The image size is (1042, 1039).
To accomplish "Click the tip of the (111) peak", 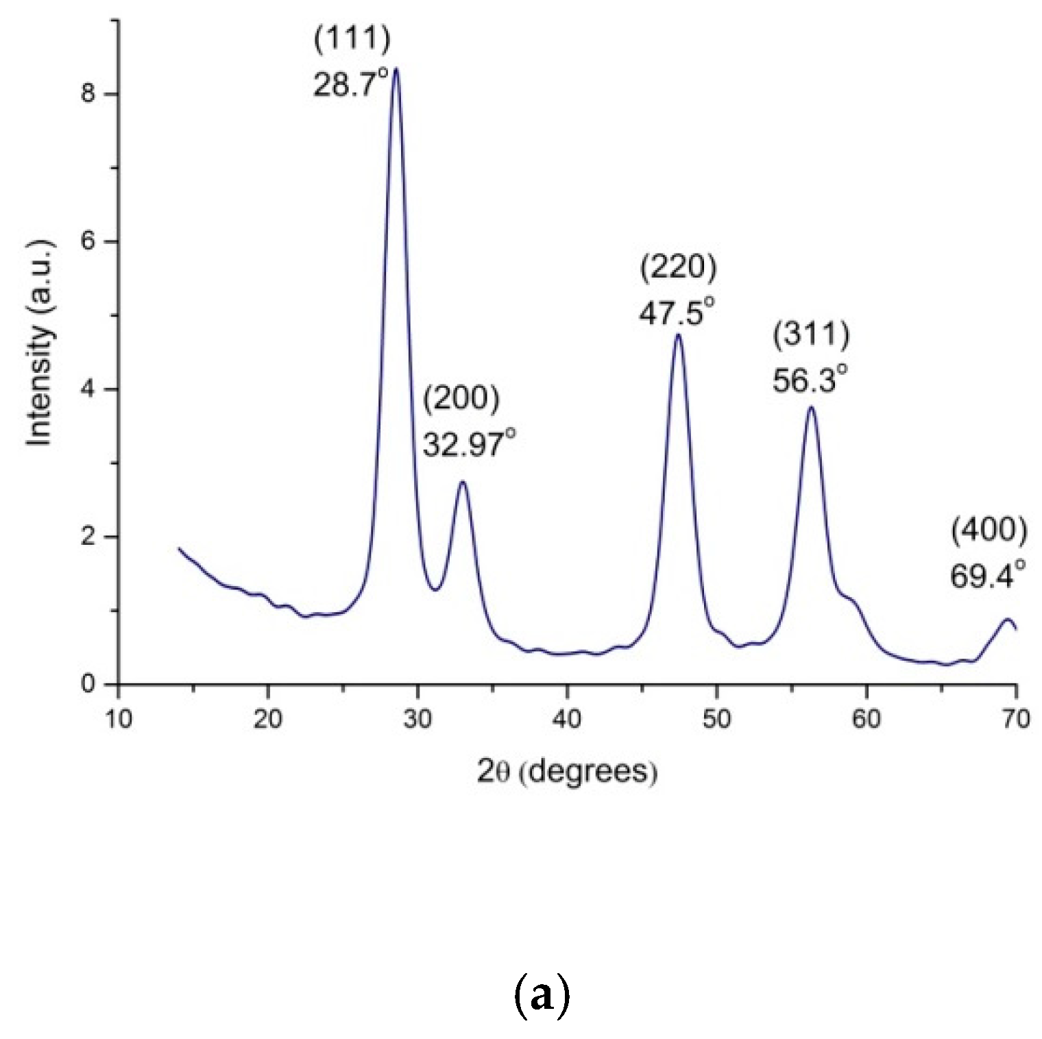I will pos(395,69).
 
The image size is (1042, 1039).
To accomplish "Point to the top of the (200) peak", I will pos(463,482).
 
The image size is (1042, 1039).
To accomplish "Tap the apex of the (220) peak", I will pos(678,334).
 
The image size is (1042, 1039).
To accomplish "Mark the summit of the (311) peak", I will pos(811,408).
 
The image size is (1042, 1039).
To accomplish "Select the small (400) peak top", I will pos(1007,620).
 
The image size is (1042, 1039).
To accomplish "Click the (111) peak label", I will pos(352,38).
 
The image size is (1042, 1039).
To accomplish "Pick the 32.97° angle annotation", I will pos(469,444).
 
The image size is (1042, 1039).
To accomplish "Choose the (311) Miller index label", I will pos(811,334).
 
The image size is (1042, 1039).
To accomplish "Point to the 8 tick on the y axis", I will pos(87,94).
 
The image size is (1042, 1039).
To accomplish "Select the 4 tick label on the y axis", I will pos(87,389).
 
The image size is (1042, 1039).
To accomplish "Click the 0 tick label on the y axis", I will pos(87,684).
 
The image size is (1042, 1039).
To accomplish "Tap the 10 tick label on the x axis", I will pos(119,719).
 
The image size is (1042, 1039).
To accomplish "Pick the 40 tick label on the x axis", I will pos(567,719).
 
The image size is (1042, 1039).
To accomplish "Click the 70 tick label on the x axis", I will pos(1015,719).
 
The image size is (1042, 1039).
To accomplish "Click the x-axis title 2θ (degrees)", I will pos(567,772).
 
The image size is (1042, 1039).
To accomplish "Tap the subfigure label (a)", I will pos(541,996).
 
